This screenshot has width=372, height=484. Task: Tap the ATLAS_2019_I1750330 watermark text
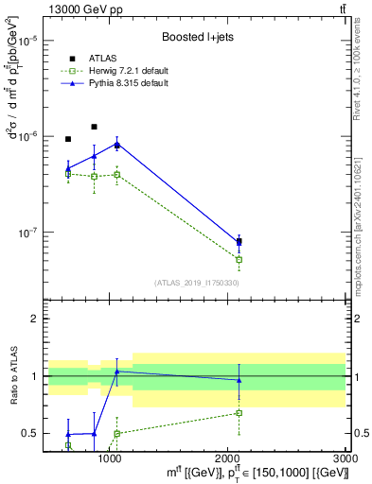pos(196,283)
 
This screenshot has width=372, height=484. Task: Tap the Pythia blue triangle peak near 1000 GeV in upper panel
pos(116,144)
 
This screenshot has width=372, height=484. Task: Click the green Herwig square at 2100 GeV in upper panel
pos(239,259)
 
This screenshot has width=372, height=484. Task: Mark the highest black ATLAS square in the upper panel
pos(94,127)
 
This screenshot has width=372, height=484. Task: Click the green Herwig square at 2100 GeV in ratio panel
pos(239,412)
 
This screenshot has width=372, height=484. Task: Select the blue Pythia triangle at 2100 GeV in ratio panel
pos(239,380)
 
